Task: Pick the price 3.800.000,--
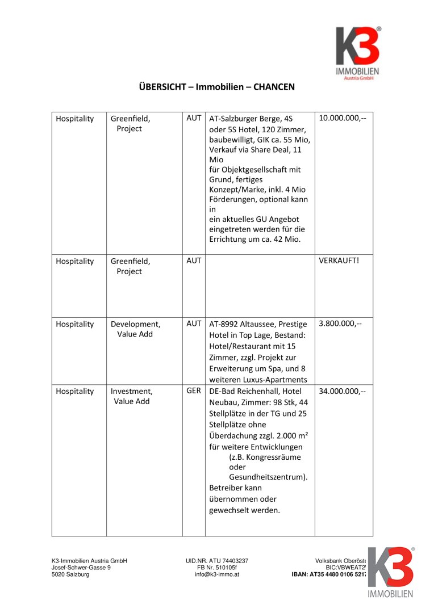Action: [340, 324]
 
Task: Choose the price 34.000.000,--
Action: [342, 391]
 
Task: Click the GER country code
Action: [194, 391]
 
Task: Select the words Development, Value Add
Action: [136, 329]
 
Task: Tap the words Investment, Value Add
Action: [132, 396]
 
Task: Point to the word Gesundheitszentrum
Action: [268, 477]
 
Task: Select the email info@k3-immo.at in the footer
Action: [216, 574]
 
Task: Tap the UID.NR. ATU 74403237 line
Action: [216, 561]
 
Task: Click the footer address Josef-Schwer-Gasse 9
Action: [81, 568]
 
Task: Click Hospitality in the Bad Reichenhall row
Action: [75, 391]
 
